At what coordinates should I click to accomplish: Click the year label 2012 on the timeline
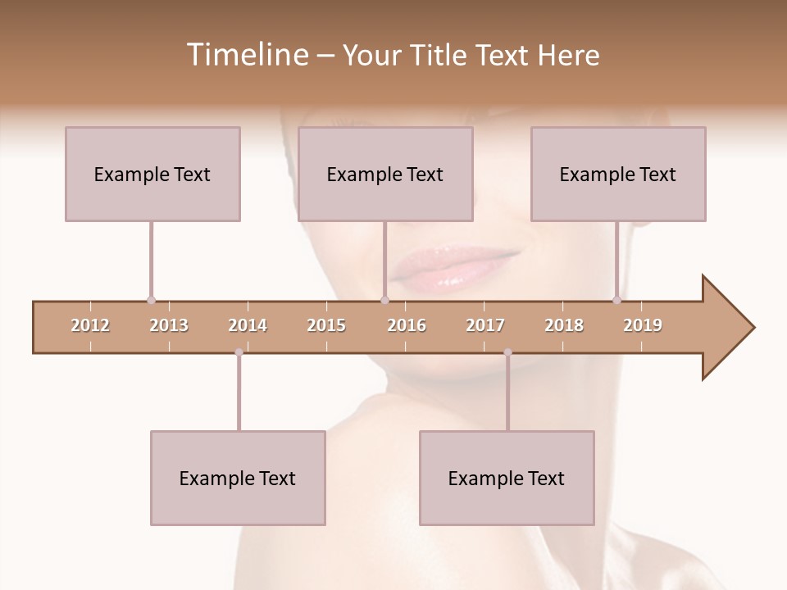pyautogui.click(x=90, y=325)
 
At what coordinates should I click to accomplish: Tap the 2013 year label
pyautogui.click(x=169, y=325)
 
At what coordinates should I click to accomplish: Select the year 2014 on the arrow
pyautogui.click(x=248, y=325)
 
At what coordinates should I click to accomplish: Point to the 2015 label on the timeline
pyautogui.click(x=326, y=325)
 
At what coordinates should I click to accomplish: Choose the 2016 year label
pyautogui.click(x=407, y=325)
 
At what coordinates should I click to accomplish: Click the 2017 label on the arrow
pyautogui.click(x=485, y=325)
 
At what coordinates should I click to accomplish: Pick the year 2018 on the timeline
pyautogui.click(x=564, y=325)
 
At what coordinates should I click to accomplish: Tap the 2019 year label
pyautogui.click(x=643, y=325)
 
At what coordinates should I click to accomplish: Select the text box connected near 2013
pyautogui.click(x=152, y=174)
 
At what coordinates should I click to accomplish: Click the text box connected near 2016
pyautogui.click(x=385, y=174)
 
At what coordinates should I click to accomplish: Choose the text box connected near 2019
pyautogui.click(x=618, y=174)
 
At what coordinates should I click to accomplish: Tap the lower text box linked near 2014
pyautogui.click(x=238, y=479)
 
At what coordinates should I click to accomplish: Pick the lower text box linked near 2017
pyautogui.click(x=507, y=479)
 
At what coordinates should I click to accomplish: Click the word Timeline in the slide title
pyautogui.click(x=246, y=55)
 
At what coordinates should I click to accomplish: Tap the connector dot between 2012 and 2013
pyautogui.click(x=151, y=300)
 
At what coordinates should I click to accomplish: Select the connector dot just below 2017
pyautogui.click(x=507, y=352)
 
